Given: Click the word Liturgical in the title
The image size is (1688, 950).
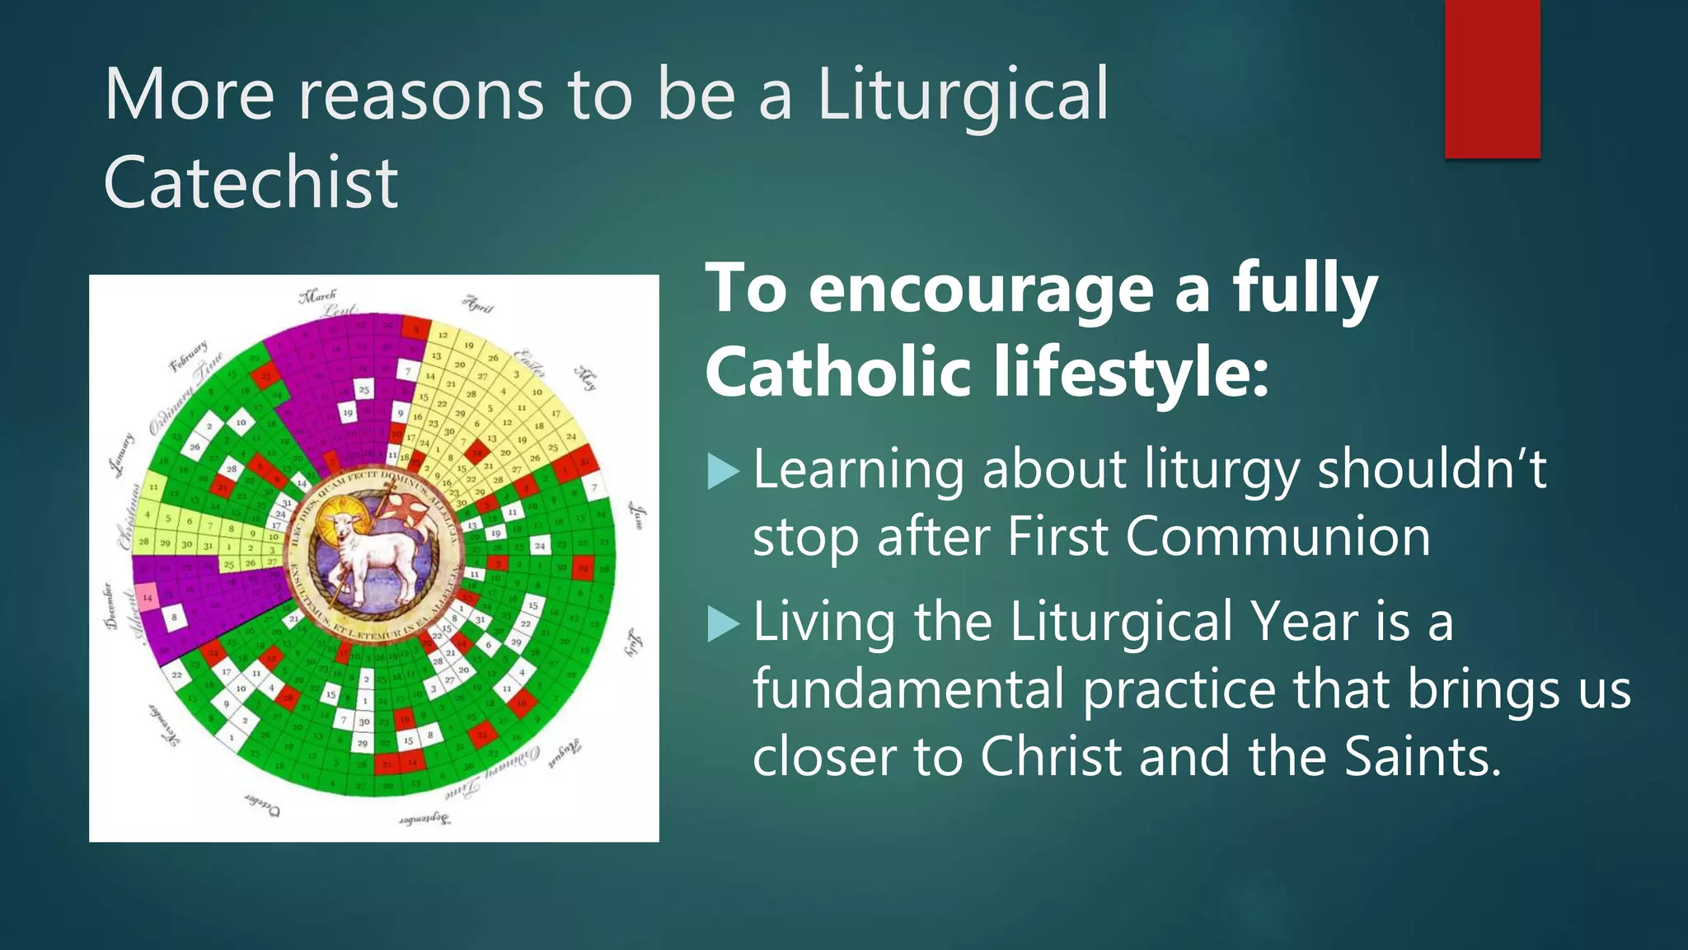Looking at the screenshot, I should [x=963, y=96].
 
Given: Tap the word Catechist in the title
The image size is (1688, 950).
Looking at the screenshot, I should [x=251, y=183].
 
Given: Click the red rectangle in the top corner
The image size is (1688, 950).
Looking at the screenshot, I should [x=1492, y=78].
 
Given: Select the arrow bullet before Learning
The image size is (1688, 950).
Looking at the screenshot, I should [x=723, y=473].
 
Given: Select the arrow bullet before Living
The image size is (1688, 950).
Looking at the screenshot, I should [x=723, y=624].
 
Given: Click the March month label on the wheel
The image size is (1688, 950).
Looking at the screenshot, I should [x=318, y=295].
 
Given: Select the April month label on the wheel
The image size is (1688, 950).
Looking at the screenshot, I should [x=477, y=303].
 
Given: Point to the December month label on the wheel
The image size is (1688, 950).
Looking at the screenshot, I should [x=109, y=607].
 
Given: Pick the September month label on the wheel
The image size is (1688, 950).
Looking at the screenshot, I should [x=424, y=819].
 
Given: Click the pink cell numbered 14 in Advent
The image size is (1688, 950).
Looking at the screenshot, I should [x=148, y=597].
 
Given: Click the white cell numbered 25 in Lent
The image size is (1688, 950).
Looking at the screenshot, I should [x=363, y=388].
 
